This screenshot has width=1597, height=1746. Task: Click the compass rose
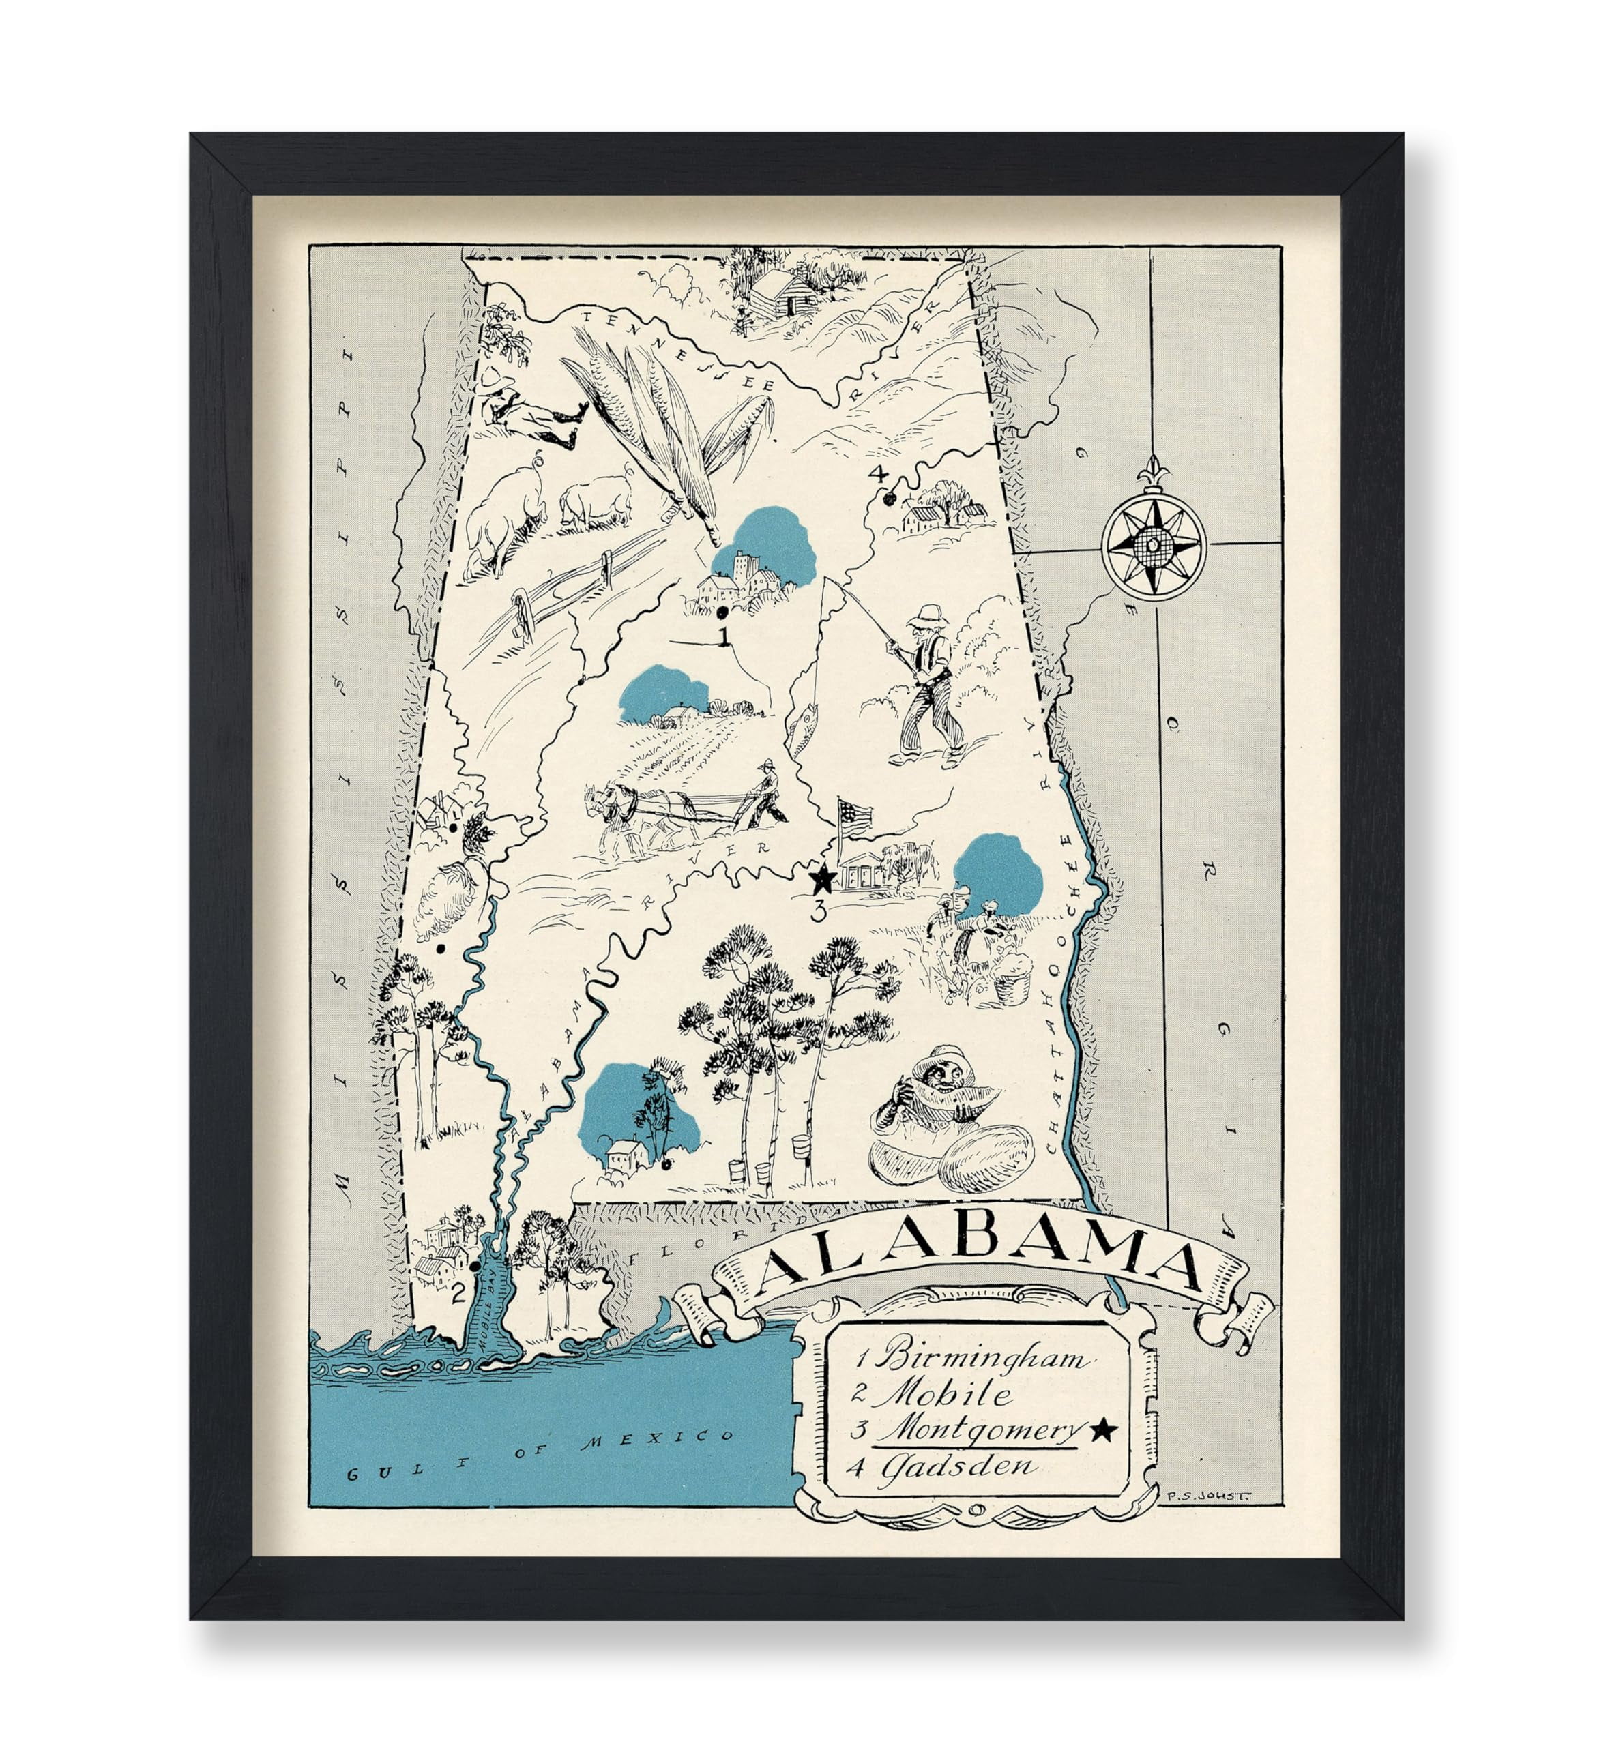1154,542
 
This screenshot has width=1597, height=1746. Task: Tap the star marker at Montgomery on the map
822,880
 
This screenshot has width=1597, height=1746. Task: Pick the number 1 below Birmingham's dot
723,638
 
